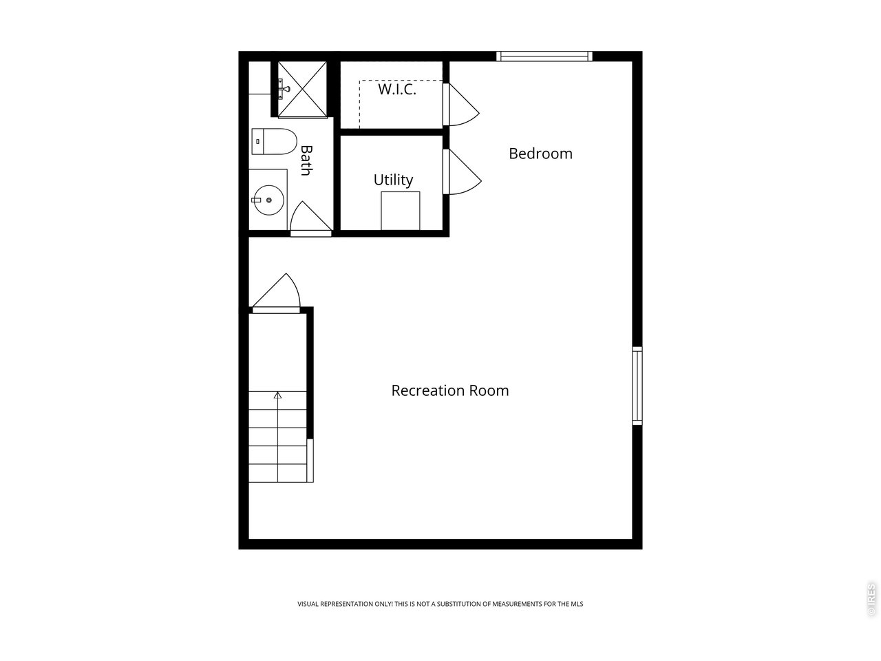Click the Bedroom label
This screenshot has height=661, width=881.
pos(540,154)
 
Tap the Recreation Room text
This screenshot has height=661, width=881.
pos(450,390)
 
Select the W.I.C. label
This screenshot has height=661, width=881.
pos(397,89)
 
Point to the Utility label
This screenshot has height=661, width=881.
pos(393,180)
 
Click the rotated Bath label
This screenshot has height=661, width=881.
pos(306,160)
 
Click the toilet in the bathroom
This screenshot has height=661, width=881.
pos(274,141)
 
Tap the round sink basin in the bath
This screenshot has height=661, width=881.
pos(269,200)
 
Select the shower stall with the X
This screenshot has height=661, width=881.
pos(302,90)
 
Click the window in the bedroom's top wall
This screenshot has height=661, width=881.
pos(544,56)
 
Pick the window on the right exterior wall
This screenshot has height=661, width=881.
pos(637,386)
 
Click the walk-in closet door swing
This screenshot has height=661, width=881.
pos(462,105)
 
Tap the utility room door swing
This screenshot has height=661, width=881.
pos(463,171)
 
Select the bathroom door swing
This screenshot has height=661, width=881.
pos(311,219)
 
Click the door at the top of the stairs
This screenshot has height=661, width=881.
pos(276,293)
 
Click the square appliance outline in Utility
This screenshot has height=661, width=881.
pos(401,211)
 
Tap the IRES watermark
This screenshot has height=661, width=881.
pos(871,599)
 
